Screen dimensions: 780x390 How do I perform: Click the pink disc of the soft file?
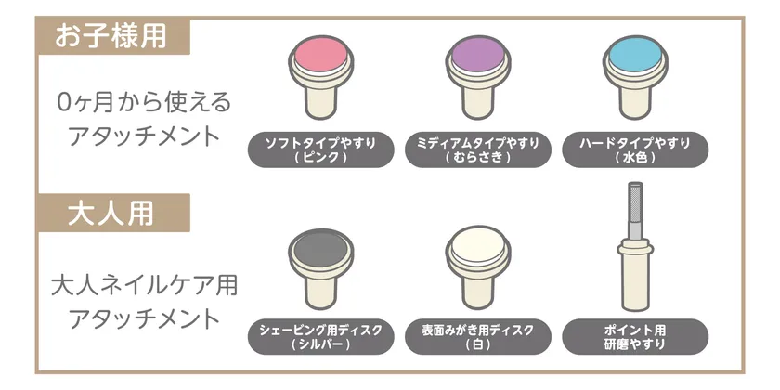click(x=321, y=53)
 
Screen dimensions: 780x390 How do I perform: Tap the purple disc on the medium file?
click(x=478, y=53)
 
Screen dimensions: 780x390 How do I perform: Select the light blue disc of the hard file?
click(x=635, y=53)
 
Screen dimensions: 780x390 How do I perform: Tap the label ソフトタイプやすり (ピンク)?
click(x=321, y=149)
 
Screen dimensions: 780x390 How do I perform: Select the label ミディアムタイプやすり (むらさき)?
click(x=478, y=149)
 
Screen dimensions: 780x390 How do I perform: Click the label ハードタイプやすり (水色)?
click(x=635, y=149)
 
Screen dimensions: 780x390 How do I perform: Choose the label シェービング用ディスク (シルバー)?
click(x=321, y=337)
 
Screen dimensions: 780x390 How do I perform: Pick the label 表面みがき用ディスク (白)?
click(x=478, y=337)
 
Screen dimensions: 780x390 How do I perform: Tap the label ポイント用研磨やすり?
click(x=635, y=337)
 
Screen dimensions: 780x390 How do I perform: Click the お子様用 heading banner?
click(x=112, y=36)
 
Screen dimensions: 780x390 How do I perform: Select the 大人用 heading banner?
click(x=112, y=213)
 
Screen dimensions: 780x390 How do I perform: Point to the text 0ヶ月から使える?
click(x=144, y=102)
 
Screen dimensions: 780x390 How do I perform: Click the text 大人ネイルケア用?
click(x=144, y=287)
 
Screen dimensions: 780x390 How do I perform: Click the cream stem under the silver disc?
click(x=321, y=291)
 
